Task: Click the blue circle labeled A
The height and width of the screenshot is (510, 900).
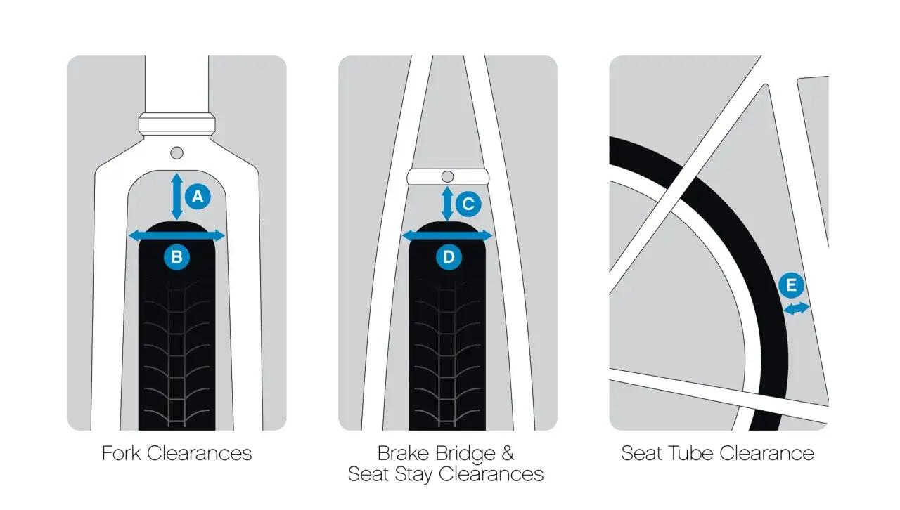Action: tap(198, 197)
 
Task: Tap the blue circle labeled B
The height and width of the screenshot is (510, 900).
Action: tap(176, 257)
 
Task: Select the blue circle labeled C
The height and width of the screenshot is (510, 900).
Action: tap(468, 204)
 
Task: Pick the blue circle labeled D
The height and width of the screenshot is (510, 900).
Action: tap(449, 257)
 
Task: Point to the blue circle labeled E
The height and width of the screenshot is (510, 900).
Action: tap(791, 285)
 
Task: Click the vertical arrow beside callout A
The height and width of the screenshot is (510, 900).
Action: tap(176, 197)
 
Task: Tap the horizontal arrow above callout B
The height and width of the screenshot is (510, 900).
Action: tap(176, 236)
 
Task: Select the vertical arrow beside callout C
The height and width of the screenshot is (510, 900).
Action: tap(447, 204)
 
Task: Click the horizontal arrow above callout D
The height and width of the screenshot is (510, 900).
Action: tap(447, 236)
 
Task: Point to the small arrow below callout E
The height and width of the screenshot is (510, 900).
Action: tap(797, 308)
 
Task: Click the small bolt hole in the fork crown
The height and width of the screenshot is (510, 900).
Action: tap(176, 153)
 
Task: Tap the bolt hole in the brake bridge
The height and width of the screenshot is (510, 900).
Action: tap(448, 177)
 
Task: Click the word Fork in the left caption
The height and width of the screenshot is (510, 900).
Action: tap(122, 453)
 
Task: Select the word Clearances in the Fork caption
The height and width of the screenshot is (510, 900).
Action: tap(199, 453)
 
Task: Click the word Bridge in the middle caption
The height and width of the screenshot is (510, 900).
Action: tap(465, 453)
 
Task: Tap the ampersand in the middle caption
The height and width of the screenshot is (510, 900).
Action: tap(508, 453)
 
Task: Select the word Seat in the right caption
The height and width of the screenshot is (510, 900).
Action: tap(641, 453)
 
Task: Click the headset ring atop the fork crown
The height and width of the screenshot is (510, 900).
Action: tap(176, 124)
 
